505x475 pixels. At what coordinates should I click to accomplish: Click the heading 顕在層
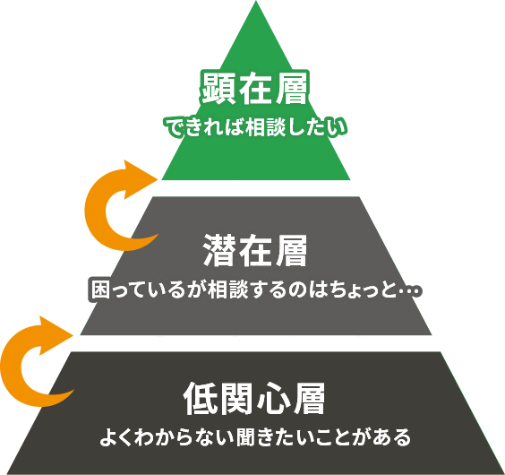[x=255, y=88]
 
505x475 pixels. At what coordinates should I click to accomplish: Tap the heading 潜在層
[x=255, y=250]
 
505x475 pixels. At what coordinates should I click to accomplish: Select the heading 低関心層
[x=254, y=399]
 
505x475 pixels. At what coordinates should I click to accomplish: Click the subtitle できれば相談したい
[x=256, y=127]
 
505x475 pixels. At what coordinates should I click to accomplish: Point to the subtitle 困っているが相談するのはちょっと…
[x=256, y=289]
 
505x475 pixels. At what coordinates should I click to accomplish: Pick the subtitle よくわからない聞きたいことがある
[x=255, y=437]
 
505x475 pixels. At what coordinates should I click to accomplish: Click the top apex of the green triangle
[x=256, y=1]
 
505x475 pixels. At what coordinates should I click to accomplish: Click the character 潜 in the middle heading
[x=219, y=250]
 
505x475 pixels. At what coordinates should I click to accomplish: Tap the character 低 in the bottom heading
[x=200, y=399]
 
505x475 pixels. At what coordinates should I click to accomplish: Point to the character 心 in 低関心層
[x=272, y=399]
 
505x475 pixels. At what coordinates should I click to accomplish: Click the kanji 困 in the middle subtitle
[x=101, y=289]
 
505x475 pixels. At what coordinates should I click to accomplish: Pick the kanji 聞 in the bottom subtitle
[x=245, y=437]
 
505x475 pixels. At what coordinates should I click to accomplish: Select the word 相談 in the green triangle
[x=265, y=127]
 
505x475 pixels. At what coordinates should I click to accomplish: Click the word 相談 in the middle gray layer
[x=228, y=289]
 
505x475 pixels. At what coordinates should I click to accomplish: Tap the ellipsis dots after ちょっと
[x=410, y=291]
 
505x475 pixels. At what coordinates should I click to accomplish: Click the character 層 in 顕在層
[x=292, y=88]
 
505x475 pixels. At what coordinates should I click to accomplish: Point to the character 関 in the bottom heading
[x=236, y=399]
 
